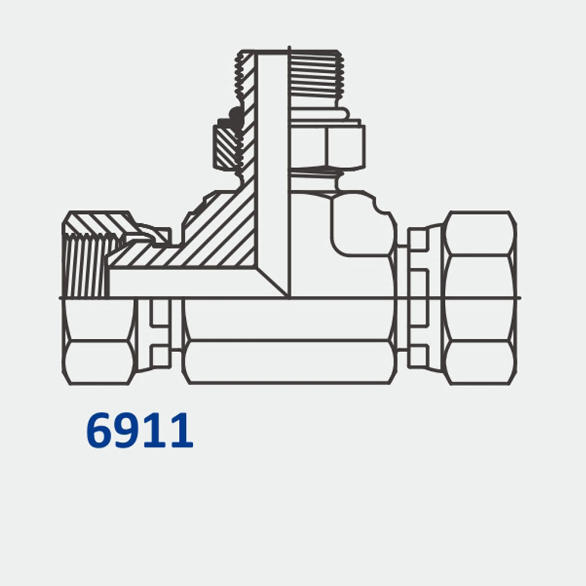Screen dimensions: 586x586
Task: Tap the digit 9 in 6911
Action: (x=129, y=431)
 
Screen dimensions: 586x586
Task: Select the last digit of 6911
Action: (x=182, y=431)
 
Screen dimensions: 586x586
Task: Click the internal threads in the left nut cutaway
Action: (x=85, y=264)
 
